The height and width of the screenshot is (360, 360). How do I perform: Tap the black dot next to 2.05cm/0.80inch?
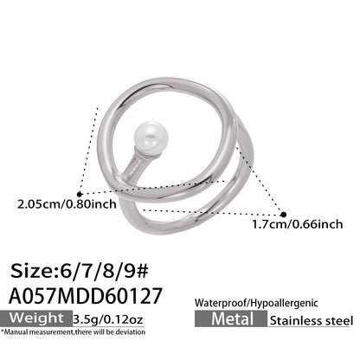point(79,193)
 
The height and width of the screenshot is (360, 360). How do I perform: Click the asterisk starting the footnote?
point(3,332)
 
